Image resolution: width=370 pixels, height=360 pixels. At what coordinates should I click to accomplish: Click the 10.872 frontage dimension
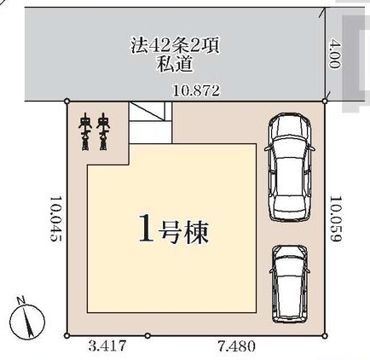tap(197, 91)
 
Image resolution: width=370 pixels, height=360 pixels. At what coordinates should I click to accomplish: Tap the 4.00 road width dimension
tap(334, 54)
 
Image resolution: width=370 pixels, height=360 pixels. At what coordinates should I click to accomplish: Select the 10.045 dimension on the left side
tap(55, 218)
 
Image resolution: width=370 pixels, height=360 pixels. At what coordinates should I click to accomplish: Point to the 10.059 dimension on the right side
tap(335, 218)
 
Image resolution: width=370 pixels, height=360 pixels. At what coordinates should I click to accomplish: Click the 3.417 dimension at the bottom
tap(107, 346)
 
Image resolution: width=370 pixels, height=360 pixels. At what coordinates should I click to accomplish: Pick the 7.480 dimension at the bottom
tap(236, 346)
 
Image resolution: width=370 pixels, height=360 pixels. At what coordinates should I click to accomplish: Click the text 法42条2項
tap(175, 46)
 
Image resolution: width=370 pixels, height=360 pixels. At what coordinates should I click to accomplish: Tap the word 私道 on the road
tap(175, 64)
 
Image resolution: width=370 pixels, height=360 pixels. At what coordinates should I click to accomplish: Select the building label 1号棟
tap(174, 232)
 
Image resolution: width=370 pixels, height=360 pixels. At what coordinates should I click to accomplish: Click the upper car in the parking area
tap(290, 167)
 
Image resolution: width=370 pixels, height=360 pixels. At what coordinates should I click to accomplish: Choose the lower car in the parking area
tap(290, 284)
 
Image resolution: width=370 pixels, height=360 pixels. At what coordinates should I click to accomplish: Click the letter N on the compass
tap(20, 300)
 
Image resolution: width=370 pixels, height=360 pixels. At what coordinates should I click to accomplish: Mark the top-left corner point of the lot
tap(67, 101)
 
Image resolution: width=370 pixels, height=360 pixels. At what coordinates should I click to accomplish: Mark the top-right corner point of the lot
tap(325, 101)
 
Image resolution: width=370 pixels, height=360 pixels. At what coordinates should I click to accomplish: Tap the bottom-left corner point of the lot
tap(66, 336)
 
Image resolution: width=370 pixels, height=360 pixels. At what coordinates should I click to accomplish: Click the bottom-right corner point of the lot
tap(325, 336)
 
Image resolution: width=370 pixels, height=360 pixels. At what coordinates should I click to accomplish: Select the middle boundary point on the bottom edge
tap(147, 336)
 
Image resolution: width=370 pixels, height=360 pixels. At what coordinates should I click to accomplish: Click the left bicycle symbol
tap(84, 131)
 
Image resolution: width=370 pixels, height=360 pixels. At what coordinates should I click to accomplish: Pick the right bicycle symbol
tap(103, 131)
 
